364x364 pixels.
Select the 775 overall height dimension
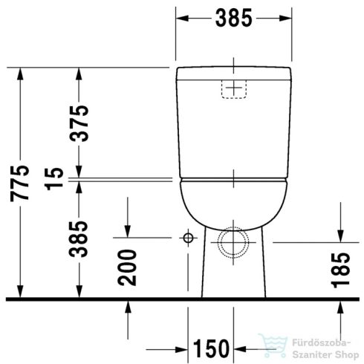click(x=22, y=183)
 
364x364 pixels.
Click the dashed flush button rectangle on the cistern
click(x=234, y=88)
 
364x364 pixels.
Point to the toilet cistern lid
click(x=234, y=71)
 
